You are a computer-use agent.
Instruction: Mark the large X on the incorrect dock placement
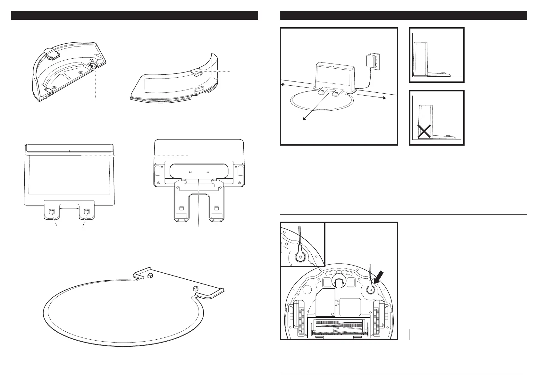coord(424,132)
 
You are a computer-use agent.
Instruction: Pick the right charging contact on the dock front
coord(86,212)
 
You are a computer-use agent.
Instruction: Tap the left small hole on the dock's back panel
coord(190,172)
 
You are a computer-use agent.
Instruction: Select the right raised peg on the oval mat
coord(195,288)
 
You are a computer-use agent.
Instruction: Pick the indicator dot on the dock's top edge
coord(69,150)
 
